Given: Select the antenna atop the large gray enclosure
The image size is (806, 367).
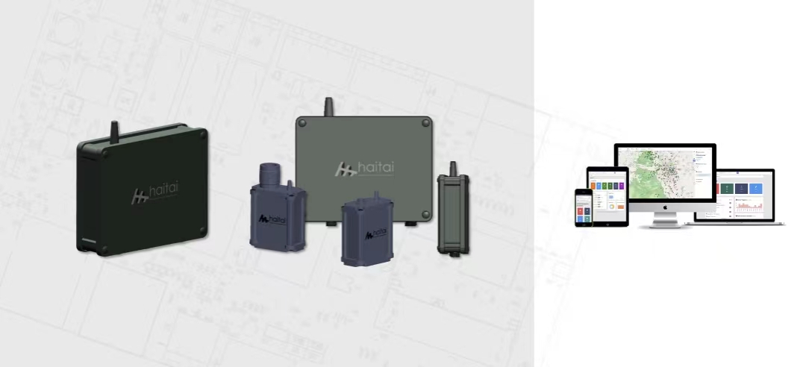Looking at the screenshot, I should click(x=326, y=106).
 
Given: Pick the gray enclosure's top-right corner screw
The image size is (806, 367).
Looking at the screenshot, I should click(x=425, y=125).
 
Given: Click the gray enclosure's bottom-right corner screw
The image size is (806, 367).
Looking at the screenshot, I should click(x=425, y=214).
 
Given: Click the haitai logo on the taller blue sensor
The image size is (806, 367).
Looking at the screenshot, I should click(x=275, y=219).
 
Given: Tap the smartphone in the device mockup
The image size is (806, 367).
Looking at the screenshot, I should click(x=584, y=207).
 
